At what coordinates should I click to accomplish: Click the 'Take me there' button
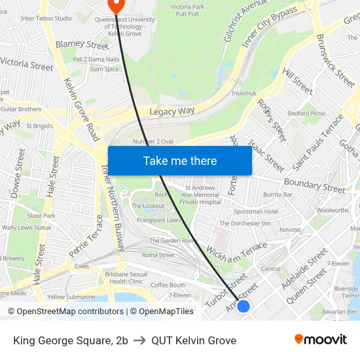point(180,160)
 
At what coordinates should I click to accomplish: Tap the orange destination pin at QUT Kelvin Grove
point(116,5)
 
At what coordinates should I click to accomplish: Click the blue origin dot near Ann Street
point(243,306)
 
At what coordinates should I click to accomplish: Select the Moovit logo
point(320,339)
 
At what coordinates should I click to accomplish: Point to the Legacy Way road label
point(172,112)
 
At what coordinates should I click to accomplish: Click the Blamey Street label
point(82,45)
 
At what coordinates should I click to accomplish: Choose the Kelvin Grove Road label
point(82,111)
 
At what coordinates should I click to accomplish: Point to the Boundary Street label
point(314,185)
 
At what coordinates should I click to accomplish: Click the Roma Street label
point(158,255)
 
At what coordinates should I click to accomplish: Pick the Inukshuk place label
point(244,94)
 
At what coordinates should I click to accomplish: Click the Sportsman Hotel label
point(256,211)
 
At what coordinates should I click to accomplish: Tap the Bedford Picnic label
point(306,113)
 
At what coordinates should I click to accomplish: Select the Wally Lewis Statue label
point(26,228)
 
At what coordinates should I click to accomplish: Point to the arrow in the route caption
point(139,340)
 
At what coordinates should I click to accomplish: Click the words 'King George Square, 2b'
point(70,340)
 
